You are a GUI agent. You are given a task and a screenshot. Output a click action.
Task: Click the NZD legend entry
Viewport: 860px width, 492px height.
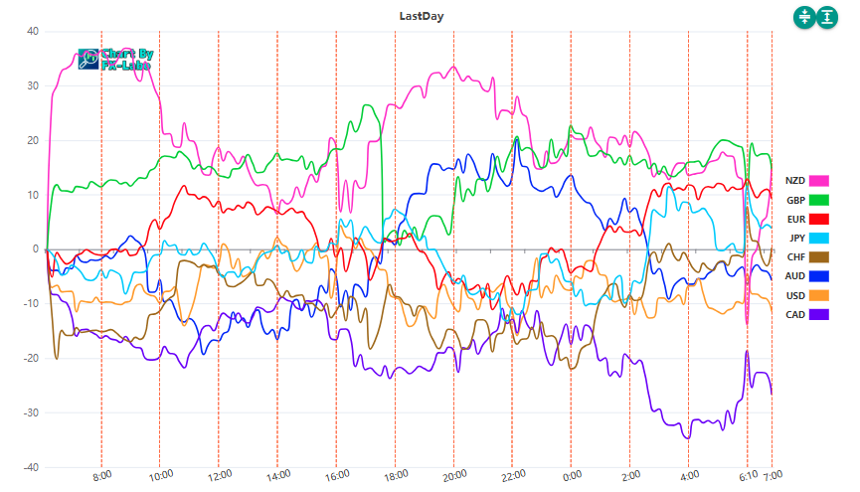pyautogui.click(x=806, y=180)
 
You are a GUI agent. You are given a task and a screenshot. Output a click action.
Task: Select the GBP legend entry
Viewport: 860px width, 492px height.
pyautogui.click(x=806, y=200)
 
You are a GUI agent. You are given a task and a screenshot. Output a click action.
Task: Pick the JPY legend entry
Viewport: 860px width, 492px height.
pyautogui.click(x=806, y=238)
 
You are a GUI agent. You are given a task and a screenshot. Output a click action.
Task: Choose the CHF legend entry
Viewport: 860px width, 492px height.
pyautogui.click(x=806, y=257)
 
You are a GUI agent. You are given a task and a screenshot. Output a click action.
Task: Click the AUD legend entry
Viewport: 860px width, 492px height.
pyautogui.click(x=806, y=276)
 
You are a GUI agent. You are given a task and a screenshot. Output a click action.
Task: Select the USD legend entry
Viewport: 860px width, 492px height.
pyautogui.click(x=806, y=295)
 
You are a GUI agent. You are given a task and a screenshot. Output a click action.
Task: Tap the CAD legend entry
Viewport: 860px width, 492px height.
pyautogui.click(x=806, y=315)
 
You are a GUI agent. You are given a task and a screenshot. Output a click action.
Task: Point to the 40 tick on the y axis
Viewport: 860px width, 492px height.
pyautogui.click(x=32, y=31)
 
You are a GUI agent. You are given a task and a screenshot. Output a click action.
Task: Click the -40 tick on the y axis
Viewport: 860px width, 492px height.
pyautogui.click(x=30, y=467)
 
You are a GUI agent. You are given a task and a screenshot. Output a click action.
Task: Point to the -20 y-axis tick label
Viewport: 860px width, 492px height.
pyautogui.click(x=30, y=358)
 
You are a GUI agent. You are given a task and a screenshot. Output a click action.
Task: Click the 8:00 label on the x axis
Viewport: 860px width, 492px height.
pyautogui.click(x=101, y=476)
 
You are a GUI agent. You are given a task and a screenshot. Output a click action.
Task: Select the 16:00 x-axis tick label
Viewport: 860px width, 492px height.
pyautogui.click(x=336, y=476)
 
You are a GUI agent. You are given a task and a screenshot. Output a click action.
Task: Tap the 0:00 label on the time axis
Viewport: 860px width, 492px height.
pyautogui.click(x=571, y=476)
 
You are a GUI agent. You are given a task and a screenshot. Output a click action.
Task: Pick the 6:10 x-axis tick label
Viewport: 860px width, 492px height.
pyautogui.click(x=748, y=476)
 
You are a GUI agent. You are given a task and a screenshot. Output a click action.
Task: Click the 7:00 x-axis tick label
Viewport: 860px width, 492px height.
pyautogui.click(x=773, y=476)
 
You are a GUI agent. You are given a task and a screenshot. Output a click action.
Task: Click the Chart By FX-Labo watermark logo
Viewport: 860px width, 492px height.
pyautogui.click(x=113, y=60)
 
